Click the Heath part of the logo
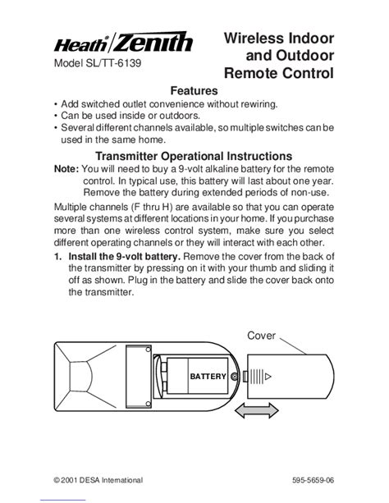tap(80, 45)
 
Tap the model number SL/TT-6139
tap(113, 63)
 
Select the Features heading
tap(194, 91)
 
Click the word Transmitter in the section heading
tap(126, 156)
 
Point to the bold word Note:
tap(66, 169)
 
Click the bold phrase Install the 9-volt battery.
tap(125, 257)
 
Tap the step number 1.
tap(57, 257)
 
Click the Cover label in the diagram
tap(261, 336)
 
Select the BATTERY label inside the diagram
tap(208, 377)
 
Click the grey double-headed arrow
tap(257, 410)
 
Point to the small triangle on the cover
tap(268, 377)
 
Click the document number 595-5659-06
tap(313, 480)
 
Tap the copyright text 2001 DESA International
tap(102, 480)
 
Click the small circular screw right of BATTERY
tap(235, 377)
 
